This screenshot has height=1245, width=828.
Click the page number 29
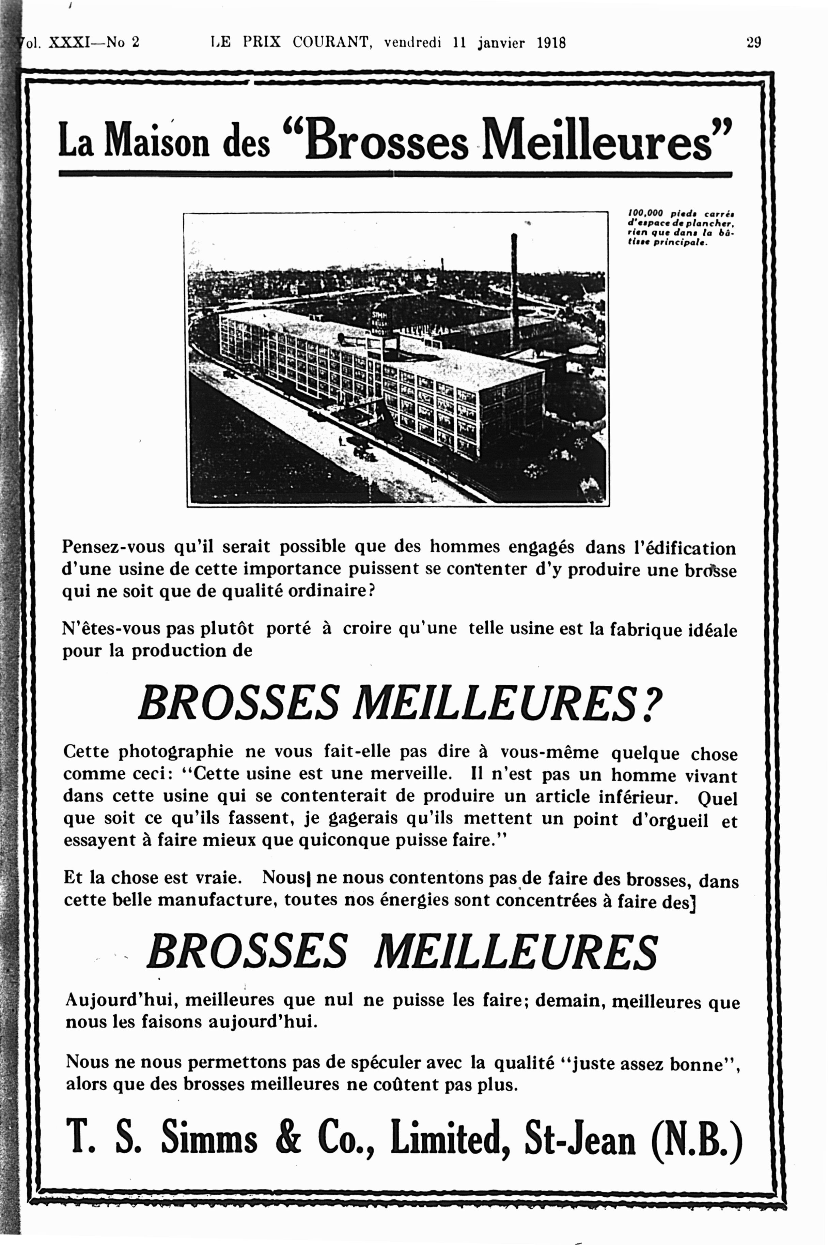(753, 42)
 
